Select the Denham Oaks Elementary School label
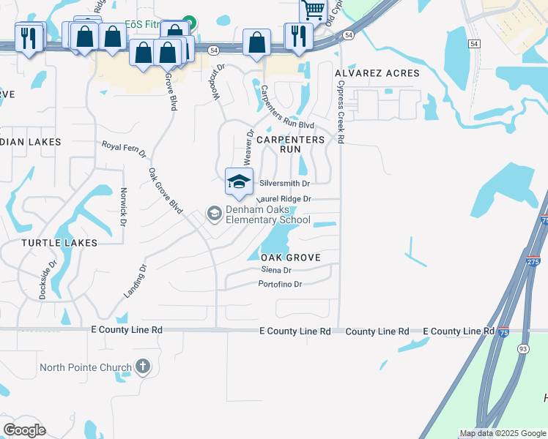pyautogui.click(x=267, y=215)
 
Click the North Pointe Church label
pyautogui.click(x=86, y=367)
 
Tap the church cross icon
pyautogui.click(x=143, y=366)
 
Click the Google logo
pyautogui.click(x=24, y=429)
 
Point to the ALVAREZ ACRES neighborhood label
pyautogui.click(x=377, y=74)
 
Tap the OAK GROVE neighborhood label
pyautogui.click(x=291, y=258)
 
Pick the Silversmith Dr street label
pyautogui.click(x=285, y=184)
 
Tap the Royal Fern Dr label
pyautogui.click(x=124, y=149)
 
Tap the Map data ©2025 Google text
pyautogui.click(x=503, y=433)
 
